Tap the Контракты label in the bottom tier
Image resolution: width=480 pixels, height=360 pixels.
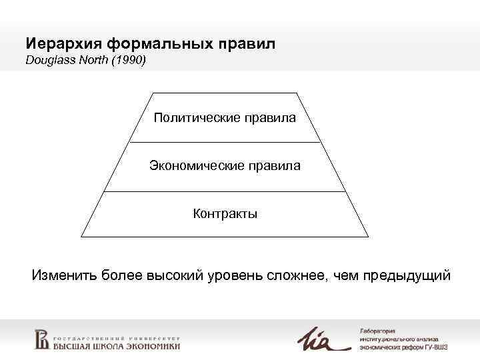[x=225, y=213]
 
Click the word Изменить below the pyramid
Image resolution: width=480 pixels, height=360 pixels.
[x=64, y=275]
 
